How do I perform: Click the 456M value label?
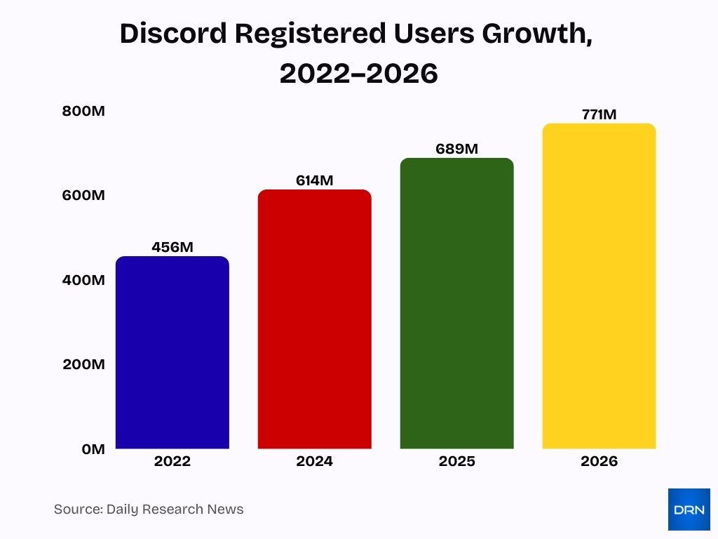tap(172, 247)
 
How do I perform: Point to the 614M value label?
tap(314, 180)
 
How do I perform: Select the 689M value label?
tap(456, 149)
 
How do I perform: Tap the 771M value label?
tap(599, 114)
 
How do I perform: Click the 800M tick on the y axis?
tap(83, 111)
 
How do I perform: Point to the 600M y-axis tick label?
tap(83, 195)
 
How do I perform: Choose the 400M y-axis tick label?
tap(83, 280)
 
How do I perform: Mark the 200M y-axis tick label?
tap(83, 364)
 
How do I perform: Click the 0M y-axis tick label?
tap(93, 449)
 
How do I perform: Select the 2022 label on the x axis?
tap(172, 461)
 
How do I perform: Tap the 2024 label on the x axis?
tap(314, 461)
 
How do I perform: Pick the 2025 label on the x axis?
tap(456, 461)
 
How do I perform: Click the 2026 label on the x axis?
tap(599, 461)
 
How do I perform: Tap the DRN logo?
tap(689, 509)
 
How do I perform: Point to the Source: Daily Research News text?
tap(149, 509)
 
